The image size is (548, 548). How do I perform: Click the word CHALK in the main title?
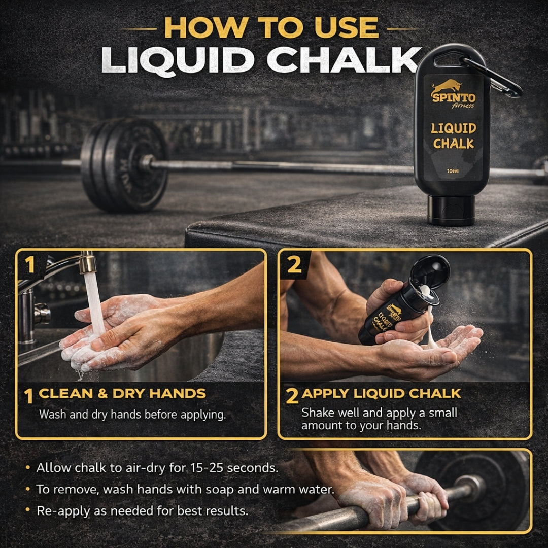point(344,60)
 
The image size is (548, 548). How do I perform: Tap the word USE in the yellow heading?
point(347,27)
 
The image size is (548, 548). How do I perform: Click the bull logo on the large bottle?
point(447,86)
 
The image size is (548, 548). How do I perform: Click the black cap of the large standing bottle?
point(451,211)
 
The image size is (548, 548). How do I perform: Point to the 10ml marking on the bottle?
point(453,171)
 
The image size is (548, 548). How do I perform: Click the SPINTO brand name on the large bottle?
point(453,97)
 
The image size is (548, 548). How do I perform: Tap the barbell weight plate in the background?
point(125,165)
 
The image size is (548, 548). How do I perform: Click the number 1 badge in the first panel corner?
point(30,264)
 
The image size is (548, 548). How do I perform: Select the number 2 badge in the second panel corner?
point(294,264)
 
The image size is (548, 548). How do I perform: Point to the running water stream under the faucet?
point(95,304)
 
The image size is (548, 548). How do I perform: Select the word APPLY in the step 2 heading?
point(325,394)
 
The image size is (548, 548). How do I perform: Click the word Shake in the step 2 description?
point(318,413)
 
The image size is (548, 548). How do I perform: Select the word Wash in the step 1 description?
point(53,415)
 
